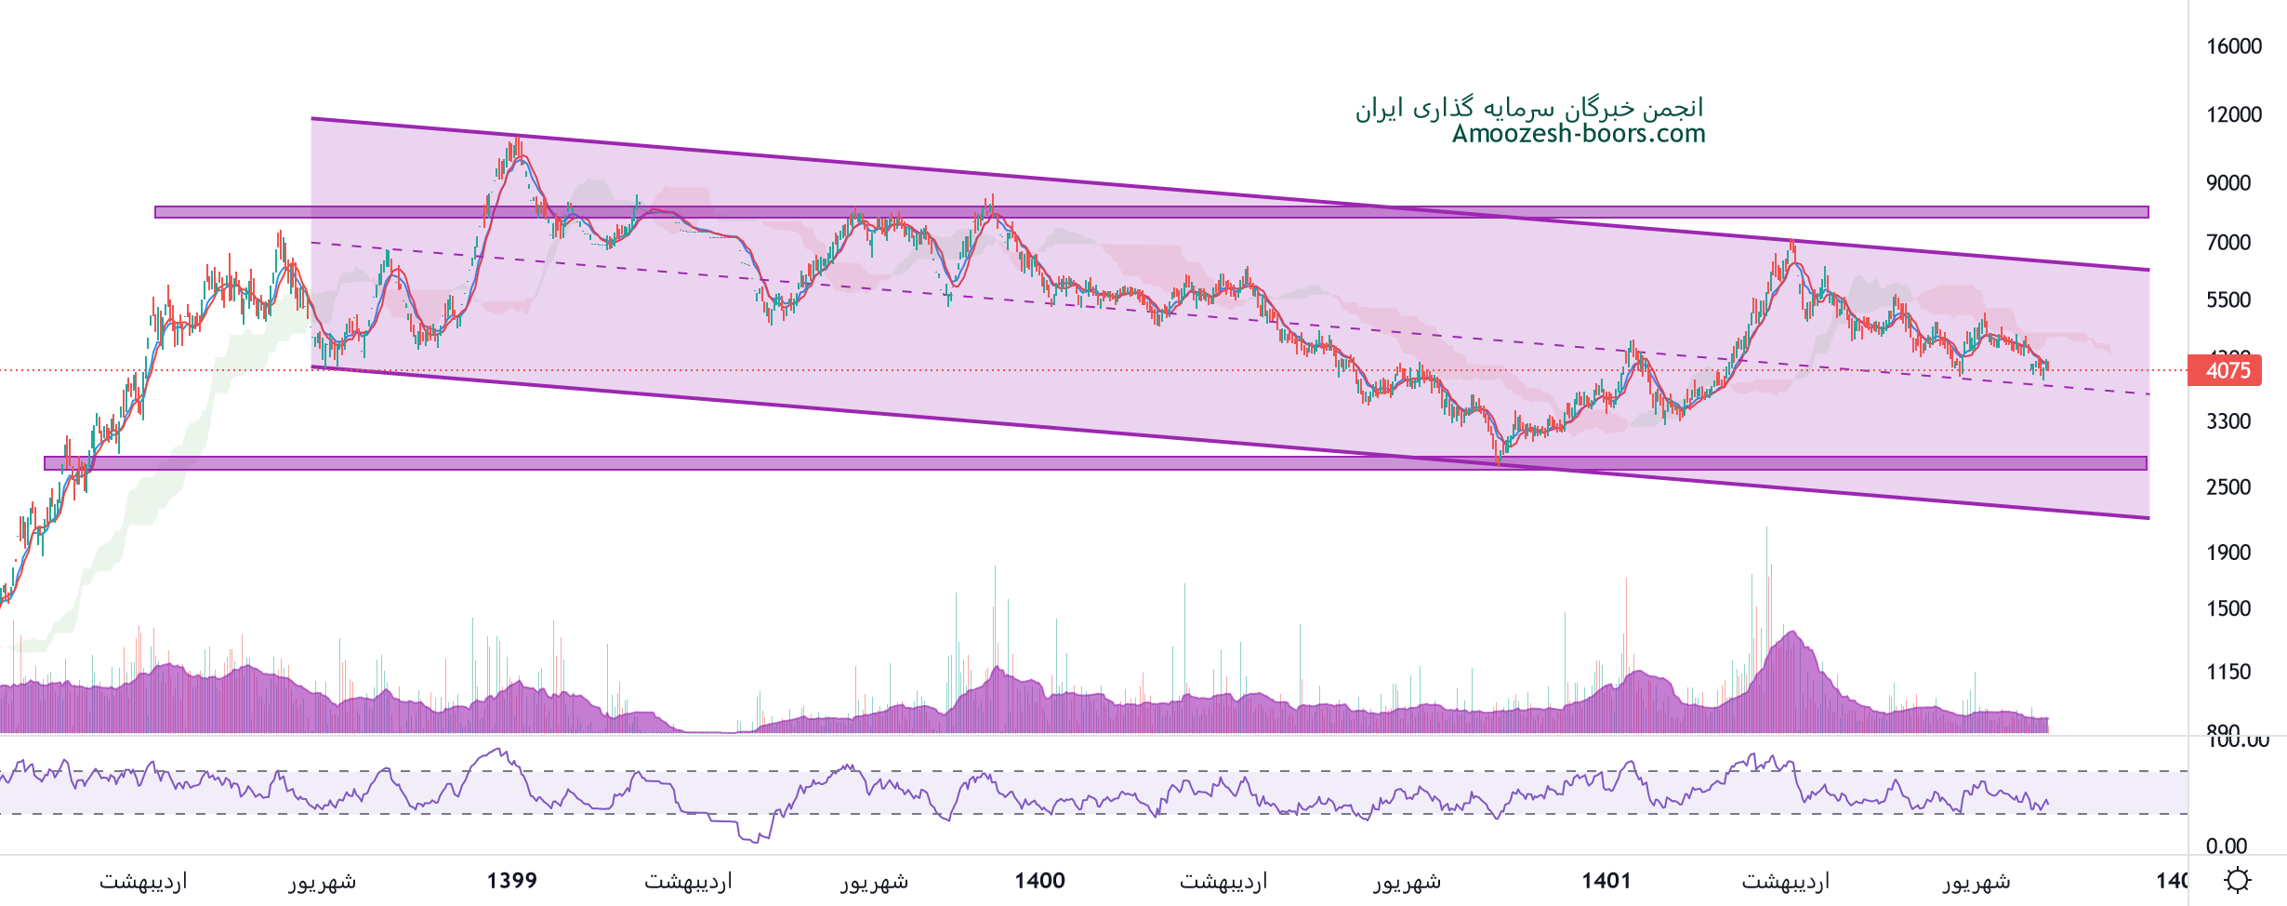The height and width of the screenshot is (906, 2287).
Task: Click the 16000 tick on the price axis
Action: tap(2234, 47)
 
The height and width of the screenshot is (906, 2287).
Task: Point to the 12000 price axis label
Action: tap(2234, 114)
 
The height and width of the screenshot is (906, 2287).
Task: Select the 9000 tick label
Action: tap(2228, 182)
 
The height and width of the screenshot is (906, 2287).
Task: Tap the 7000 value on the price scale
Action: tap(2228, 243)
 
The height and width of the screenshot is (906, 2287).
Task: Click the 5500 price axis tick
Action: tap(2228, 300)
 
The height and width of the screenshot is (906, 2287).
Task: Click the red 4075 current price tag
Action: tap(2228, 370)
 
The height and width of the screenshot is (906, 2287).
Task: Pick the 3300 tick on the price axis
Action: tap(2228, 421)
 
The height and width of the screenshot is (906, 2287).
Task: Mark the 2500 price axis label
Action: tap(2228, 487)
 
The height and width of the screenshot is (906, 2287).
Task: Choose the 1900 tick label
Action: tap(2228, 553)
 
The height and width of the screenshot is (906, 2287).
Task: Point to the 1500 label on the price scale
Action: tap(2228, 608)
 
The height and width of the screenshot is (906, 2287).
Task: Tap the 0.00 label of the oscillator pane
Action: tap(2227, 846)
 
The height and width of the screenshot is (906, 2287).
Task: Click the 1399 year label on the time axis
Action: tap(512, 880)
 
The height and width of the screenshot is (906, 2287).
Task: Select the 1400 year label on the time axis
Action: tap(1039, 880)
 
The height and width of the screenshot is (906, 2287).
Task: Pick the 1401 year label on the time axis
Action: tap(1606, 880)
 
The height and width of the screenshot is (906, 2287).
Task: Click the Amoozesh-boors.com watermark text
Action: tap(1579, 134)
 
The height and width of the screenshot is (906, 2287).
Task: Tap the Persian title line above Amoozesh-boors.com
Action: tap(1529, 108)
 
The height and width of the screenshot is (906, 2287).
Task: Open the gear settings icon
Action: tap(2238, 880)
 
